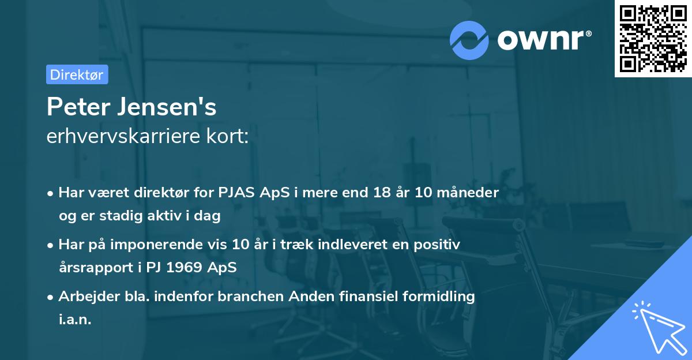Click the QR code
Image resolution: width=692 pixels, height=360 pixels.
click(653, 39)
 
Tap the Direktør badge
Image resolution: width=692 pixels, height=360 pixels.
click(77, 74)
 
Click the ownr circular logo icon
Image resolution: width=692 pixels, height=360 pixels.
click(469, 40)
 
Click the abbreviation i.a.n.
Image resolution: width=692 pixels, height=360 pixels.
click(75, 319)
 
